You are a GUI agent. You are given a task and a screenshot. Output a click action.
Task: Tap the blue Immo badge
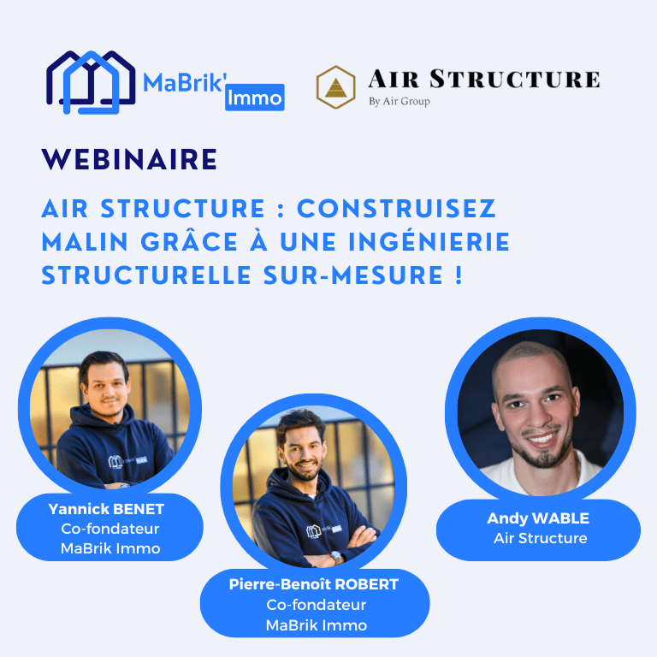point(255,98)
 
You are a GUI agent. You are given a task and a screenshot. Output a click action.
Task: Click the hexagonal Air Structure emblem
point(336,86)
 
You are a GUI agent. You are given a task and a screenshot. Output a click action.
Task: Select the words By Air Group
point(399,101)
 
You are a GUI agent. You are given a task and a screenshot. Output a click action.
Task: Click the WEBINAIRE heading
point(129,160)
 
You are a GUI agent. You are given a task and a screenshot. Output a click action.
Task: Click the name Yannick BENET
point(107,510)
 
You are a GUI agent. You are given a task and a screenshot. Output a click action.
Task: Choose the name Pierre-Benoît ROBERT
point(314,584)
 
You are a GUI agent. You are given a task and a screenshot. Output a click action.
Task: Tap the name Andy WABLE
point(538,518)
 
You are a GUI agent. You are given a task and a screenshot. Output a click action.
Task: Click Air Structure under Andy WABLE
point(540,538)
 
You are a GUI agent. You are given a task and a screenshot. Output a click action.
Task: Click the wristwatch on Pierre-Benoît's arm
point(335,556)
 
